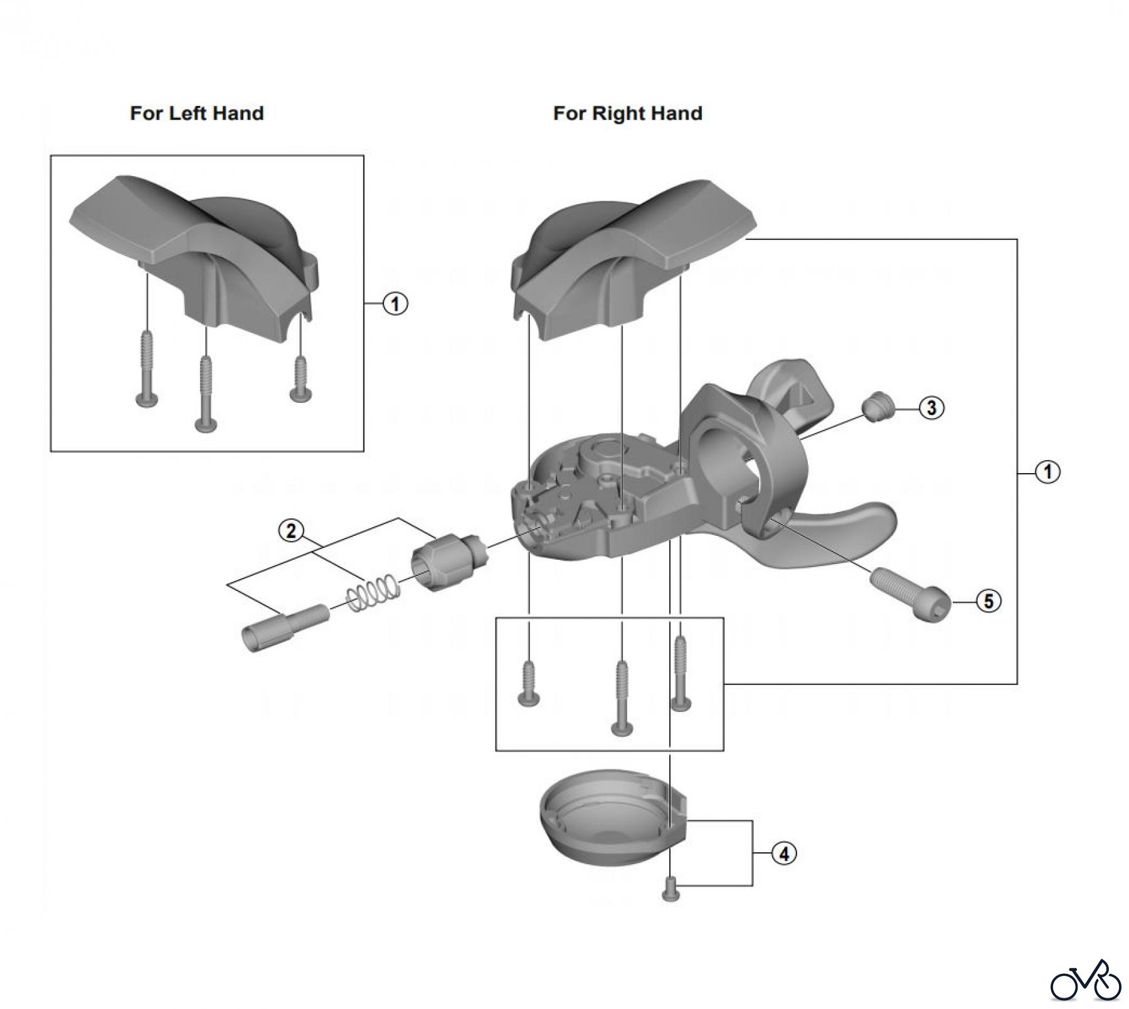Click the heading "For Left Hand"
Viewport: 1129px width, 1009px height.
click(196, 113)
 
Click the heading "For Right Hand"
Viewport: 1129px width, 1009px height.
click(627, 113)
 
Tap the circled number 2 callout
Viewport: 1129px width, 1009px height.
click(291, 531)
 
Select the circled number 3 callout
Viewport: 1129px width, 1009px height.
click(931, 408)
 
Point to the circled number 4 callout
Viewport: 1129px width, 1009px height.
click(783, 854)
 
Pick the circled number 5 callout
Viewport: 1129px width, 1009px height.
click(989, 602)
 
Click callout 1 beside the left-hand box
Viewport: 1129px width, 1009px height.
click(395, 304)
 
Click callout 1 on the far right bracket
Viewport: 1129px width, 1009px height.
click(1047, 471)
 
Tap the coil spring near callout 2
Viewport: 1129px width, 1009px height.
click(374, 593)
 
